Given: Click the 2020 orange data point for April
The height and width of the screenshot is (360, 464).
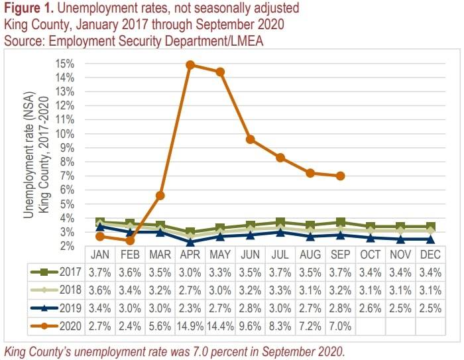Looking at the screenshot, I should click(190, 65).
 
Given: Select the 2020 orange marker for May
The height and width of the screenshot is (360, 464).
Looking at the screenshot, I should click(220, 72).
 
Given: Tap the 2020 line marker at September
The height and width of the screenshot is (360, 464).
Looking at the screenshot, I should click(340, 176).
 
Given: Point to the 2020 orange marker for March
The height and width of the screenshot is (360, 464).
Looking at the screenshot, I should click(160, 196).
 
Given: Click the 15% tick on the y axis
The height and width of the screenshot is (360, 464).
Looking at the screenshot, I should click(65, 64).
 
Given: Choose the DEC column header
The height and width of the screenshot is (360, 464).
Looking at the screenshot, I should click(430, 255).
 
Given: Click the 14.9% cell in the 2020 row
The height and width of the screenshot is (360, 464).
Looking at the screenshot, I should click(190, 325).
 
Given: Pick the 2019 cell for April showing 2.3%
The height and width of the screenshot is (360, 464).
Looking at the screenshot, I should click(190, 307).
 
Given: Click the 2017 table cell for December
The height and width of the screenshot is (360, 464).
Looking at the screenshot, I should click(430, 271).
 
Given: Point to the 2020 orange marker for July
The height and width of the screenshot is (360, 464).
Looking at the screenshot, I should click(280, 157).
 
